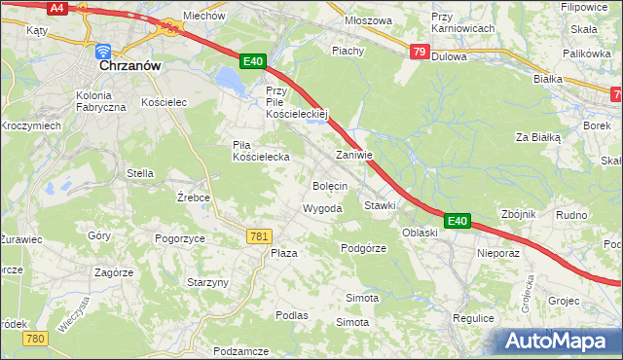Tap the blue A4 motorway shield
(x=57, y=7)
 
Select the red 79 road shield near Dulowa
(x=419, y=52)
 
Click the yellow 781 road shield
(x=259, y=236)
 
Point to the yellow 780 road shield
(x=36, y=338)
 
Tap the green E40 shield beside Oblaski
(x=458, y=222)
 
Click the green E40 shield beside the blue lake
(x=252, y=61)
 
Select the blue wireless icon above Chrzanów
(x=103, y=50)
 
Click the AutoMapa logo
(x=559, y=341)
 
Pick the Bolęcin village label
(x=330, y=185)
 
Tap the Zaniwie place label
(x=353, y=155)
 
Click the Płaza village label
(x=283, y=252)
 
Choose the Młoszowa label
(x=369, y=19)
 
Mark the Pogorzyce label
(x=179, y=237)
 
